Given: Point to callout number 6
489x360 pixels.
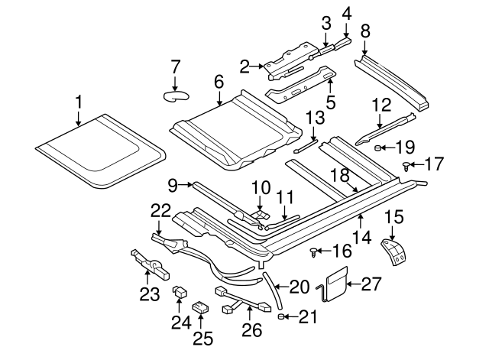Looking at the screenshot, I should click(x=219, y=81).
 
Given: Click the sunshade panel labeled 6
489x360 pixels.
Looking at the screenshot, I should click(x=229, y=130).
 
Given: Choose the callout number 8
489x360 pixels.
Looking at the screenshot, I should click(x=364, y=31).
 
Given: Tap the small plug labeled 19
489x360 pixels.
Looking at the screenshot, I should click(x=380, y=148).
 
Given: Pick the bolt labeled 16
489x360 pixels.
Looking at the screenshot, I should click(x=313, y=250).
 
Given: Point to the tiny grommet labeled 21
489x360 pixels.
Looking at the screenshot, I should click(x=281, y=315).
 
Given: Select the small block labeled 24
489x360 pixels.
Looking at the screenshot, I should click(x=180, y=290).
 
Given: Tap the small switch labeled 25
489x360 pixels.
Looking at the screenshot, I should click(x=201, y=307).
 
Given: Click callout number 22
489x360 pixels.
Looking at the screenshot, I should click(x=160, y=209).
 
